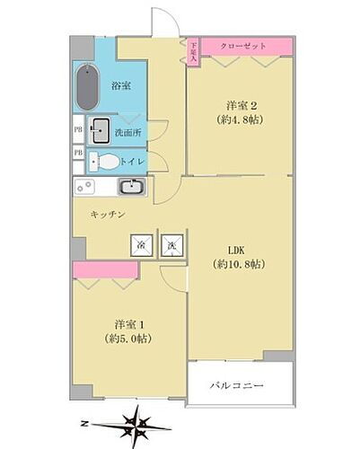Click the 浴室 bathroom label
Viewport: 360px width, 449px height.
(121, 86)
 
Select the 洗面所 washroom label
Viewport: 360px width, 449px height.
(126, 134)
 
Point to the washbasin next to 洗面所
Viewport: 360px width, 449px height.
(99, 128)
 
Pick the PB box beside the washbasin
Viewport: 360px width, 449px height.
(78, 128)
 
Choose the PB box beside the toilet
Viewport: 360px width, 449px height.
(78, 154)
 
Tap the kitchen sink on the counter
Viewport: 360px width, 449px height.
(131, 188)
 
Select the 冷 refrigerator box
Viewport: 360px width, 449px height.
(141, 244)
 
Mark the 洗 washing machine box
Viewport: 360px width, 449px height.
(171, 244)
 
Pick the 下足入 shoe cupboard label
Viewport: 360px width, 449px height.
(193, 52)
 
